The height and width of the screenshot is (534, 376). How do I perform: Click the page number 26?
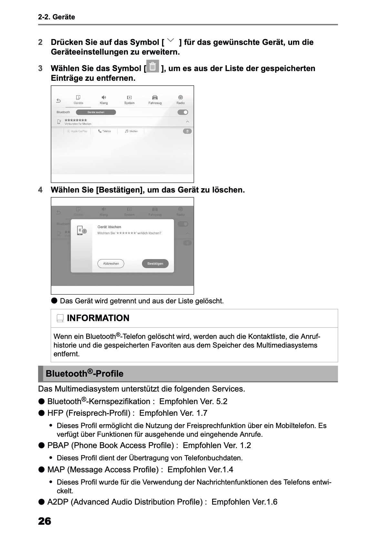[x=45, y=521]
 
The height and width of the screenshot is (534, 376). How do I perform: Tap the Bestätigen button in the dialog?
[x=155, y=264]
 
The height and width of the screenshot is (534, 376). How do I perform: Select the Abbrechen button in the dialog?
[x=111, y=264]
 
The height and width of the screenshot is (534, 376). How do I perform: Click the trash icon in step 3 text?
[x=153, y=67]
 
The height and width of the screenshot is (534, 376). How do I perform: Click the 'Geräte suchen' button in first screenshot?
[x=96, y=112]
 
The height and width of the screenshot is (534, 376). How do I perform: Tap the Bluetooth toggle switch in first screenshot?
[x=183, y=112]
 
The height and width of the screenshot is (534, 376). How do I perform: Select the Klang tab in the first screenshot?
[x=104, y=99]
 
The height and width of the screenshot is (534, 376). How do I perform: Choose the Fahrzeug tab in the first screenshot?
[x=155, y=99]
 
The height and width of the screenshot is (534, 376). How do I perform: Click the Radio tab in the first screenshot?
[x=180, y=99]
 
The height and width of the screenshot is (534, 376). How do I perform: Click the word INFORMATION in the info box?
[x=98, y=318]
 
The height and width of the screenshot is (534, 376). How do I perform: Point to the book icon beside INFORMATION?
[x=60, y=319]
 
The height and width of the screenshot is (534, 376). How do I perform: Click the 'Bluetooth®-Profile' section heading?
[x=85, y=374]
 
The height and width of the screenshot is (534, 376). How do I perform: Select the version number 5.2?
[x=221, y=402]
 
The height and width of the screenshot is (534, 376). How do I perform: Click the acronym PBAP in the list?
[x=58, y=445]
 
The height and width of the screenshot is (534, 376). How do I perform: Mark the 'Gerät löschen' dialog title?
[x=109, y=227]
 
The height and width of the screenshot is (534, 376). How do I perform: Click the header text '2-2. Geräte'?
[x=56, y=17]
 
